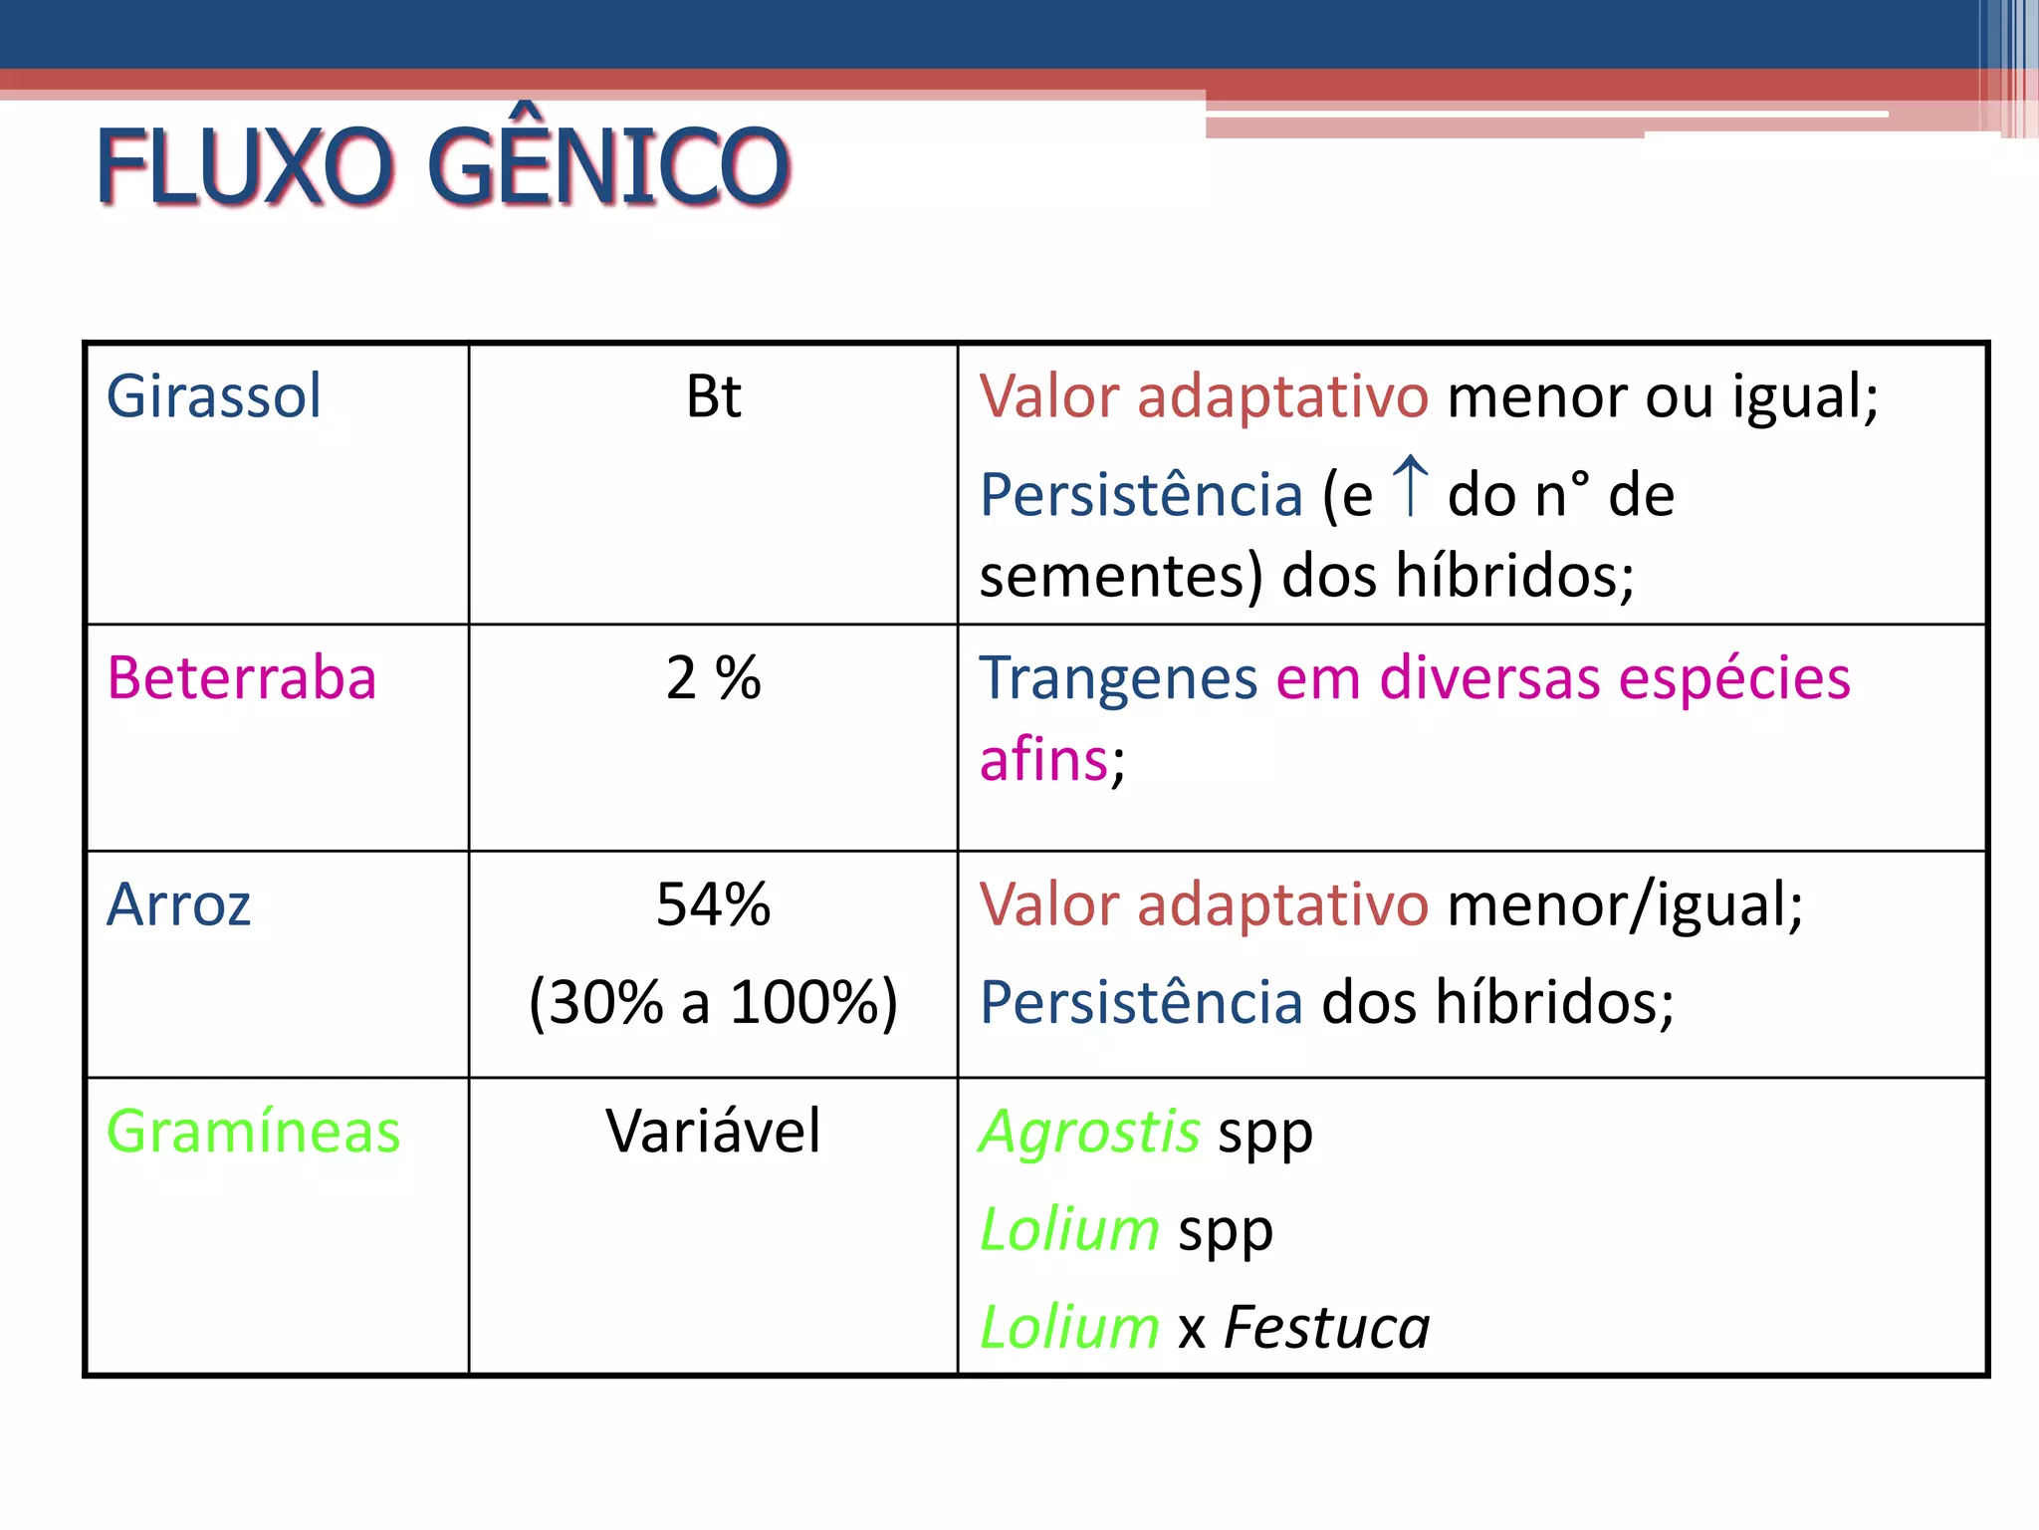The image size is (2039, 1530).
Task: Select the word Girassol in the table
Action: pyautogui.click(x=214, y=396)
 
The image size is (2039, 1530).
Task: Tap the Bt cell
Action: pyautogui.click(x=713, y=396)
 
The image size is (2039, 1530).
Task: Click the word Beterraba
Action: pyautogui.click(x=242, y=678)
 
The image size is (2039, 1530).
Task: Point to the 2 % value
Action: pyautogui.click(x=713, y=678)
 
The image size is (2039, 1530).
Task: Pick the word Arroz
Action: pyautogui.click(x=179, y=904)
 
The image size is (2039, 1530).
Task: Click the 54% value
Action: pyautogui.click(x=713, y=904)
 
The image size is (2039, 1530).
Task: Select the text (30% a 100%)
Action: pyautogui.click(x=713, y=1002)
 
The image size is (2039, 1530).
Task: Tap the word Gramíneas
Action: pyautogui.click(x=254, y=1132)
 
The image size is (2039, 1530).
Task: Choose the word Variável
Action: pyautogui.click(x=713, y=1132)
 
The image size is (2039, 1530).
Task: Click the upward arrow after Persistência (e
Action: pyautogui.click(x=1410, y=486)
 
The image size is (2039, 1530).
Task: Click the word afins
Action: pyautogui.click(x=1044, y=760)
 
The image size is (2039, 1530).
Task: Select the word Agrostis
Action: pyautogui.click(x=1089, y=1133)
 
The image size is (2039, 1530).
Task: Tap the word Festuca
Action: pyautogui.click(x=1327, y=1328)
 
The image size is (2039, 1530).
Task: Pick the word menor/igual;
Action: pyautogui.click(x=1625, y=904)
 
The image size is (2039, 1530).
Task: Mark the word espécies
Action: pyautogui.click(x=1734, y=678)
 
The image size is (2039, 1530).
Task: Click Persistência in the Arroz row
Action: pyautogui.click(x=1141, y=1002)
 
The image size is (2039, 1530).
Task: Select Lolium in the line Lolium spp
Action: pyautogui.click(x=1069, y=1230)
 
